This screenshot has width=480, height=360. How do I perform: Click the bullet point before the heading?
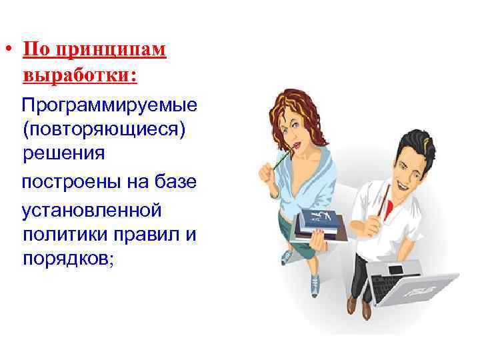(x=11, y=51)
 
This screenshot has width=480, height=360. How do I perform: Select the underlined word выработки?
(x=79, y=75)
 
